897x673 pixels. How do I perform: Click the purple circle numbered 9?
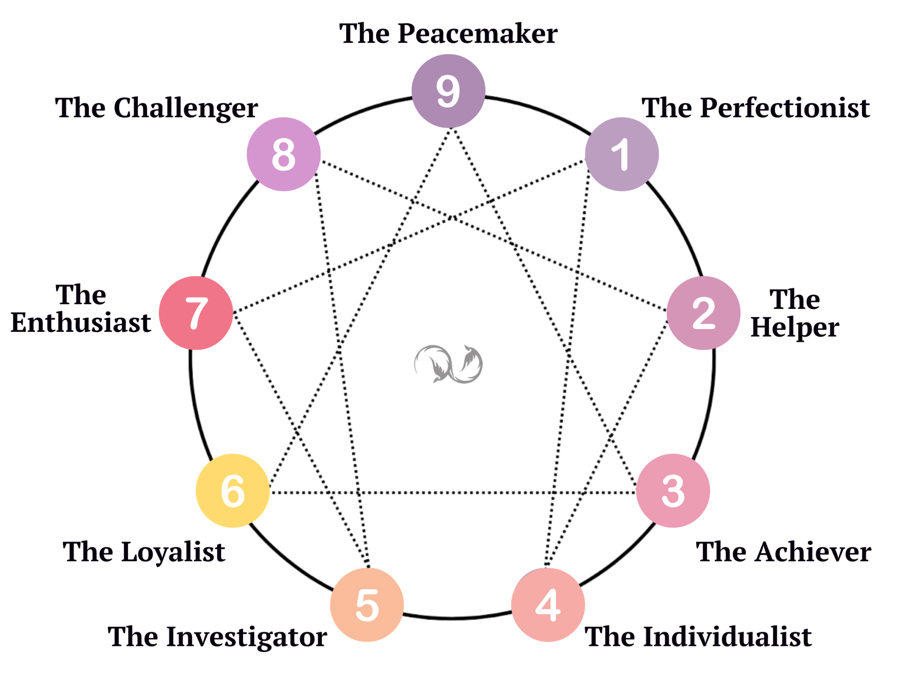point(448,91)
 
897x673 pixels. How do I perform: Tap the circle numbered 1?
point(622,154)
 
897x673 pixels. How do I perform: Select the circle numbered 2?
point(703,313)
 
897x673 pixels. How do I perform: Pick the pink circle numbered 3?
point(673,491)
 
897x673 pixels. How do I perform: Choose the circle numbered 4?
point(548,605)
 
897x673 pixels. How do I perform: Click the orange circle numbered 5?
point(367,605)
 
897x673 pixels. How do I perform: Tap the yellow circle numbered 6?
point(233,491)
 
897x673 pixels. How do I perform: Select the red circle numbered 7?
point(196,313)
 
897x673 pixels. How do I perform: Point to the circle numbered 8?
point(284,154)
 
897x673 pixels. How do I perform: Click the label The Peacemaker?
point(448,34)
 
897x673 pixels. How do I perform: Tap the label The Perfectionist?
point(755,108)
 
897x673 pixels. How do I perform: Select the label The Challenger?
point(157,108)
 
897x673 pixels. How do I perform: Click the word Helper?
point(795,327)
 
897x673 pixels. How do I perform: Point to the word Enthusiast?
point(81,322)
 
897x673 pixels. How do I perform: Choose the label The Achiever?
point(783,552)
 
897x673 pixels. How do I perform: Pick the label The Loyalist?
point(144,552)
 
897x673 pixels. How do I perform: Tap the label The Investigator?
point(217,637)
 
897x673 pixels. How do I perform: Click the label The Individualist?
point(698,637)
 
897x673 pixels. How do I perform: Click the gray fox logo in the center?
point(448,365)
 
